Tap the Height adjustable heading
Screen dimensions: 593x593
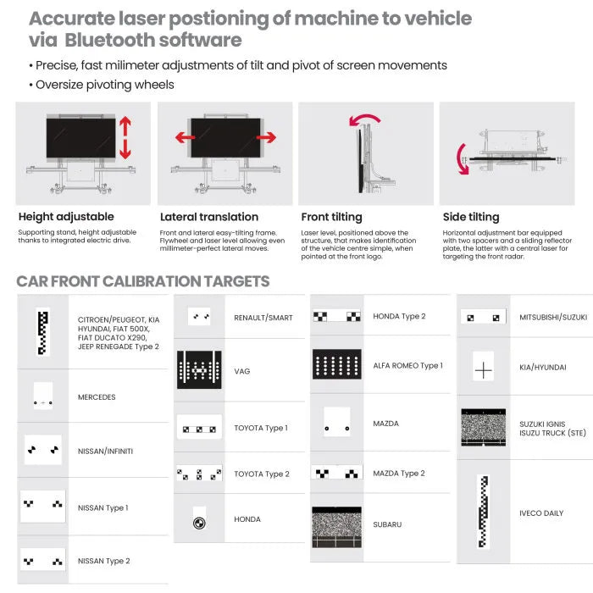point(66,217)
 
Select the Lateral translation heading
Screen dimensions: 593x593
point(209,217)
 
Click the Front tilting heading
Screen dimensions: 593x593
point(332,217)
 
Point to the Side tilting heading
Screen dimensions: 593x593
point(471,217)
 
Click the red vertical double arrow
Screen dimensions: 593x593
point(125,137)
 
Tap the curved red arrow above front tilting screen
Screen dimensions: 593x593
point(364,120)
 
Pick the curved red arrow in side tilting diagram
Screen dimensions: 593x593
point(463,159)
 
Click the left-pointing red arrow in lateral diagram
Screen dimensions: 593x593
point(185,137)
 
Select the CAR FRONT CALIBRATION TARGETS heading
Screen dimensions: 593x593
point(143,281)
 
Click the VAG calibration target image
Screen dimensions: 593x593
point(199,369)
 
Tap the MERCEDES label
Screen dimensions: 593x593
point(97,397)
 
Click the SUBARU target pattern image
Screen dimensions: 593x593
point(336,528)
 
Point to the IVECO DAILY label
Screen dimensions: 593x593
point(541,513)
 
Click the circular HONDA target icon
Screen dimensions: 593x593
point(199,523)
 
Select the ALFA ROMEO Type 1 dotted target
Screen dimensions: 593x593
point(337,364)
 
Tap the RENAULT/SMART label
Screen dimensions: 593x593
point(263,318)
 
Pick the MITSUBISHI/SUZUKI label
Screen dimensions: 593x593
point(553,318)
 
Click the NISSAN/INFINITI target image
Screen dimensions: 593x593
point(43,450)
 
